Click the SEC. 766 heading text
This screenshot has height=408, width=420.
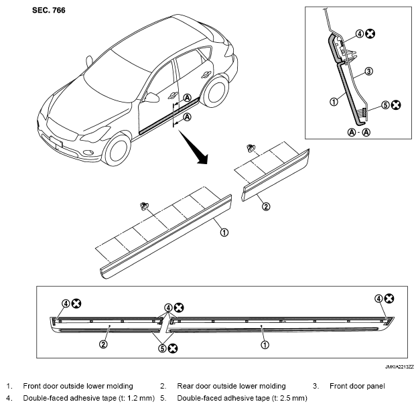pos(48,10)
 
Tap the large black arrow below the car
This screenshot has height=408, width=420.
pos(194,147)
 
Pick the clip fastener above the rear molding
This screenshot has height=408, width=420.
pos(251,148)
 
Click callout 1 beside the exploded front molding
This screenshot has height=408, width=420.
pos(224,232)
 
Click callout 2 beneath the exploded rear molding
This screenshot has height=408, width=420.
pos(266,206)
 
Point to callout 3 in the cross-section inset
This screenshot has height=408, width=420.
pos(369,71)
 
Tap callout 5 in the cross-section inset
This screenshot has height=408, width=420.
pos(385,105)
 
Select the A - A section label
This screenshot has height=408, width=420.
pos(358,132)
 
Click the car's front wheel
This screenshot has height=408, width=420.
pos(117,149)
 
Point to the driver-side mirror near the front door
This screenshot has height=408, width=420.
pos(153,98)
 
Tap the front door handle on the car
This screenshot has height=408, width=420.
pos(172,94)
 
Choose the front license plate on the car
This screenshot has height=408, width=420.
pos(56,142)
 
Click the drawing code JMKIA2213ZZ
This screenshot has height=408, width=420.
pos(399,366)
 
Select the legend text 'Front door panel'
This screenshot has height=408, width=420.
pos(357,386)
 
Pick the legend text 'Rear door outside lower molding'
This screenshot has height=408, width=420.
pos(231,386)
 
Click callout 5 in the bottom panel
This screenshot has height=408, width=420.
pos(162,348)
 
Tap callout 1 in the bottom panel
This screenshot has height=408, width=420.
pos(265,345)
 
